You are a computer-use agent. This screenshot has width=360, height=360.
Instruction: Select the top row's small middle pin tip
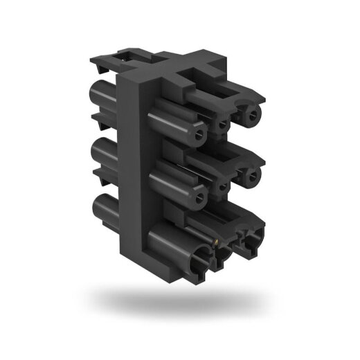[223, 127]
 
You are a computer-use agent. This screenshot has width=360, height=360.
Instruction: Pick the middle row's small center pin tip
[223, 188]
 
